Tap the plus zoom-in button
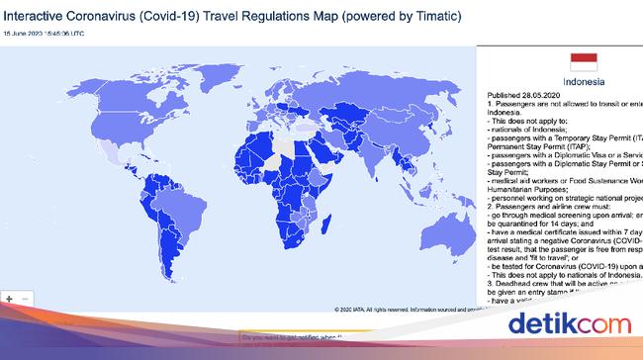tap(9, 298)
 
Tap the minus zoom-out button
tap(25, 298)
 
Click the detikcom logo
tap(566, 323)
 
